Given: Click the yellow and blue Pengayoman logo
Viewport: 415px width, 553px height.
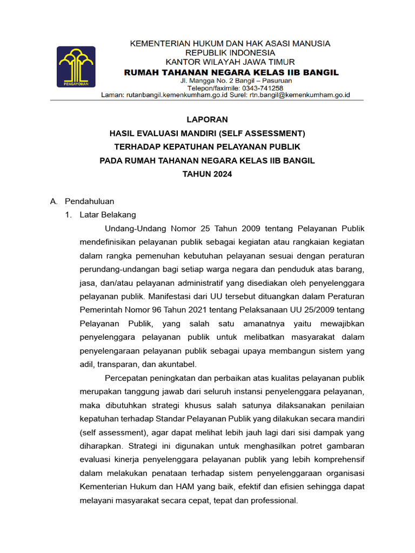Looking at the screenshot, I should tap(76, 67).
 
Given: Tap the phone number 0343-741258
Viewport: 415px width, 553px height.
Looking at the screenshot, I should tap(263, 88).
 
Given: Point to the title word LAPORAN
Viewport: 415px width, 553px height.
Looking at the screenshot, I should tap(207, 119).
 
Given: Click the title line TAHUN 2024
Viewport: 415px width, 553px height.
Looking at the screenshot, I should tap(207, 174).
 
